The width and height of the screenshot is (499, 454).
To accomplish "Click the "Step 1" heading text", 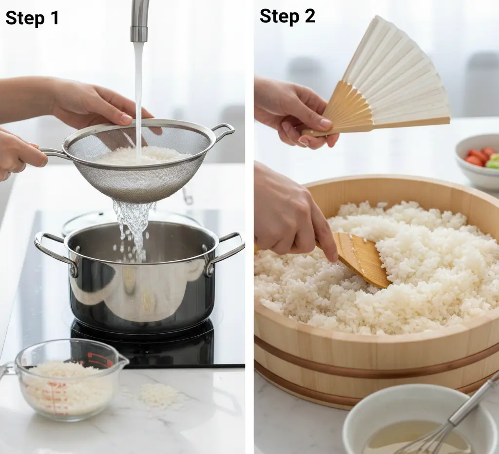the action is pyautogui.click(x=32, y=18).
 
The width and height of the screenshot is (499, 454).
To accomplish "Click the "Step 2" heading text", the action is pyautogui.click(x=288, y=16).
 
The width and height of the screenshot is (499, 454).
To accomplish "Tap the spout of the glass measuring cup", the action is pyautogui.click(x=122, y=361).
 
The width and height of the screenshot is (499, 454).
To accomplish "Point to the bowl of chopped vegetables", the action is pyautogui.click(x=478, y=161).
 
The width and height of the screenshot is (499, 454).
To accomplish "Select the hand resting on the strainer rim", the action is pyautogui.click(x=105, y=107).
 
